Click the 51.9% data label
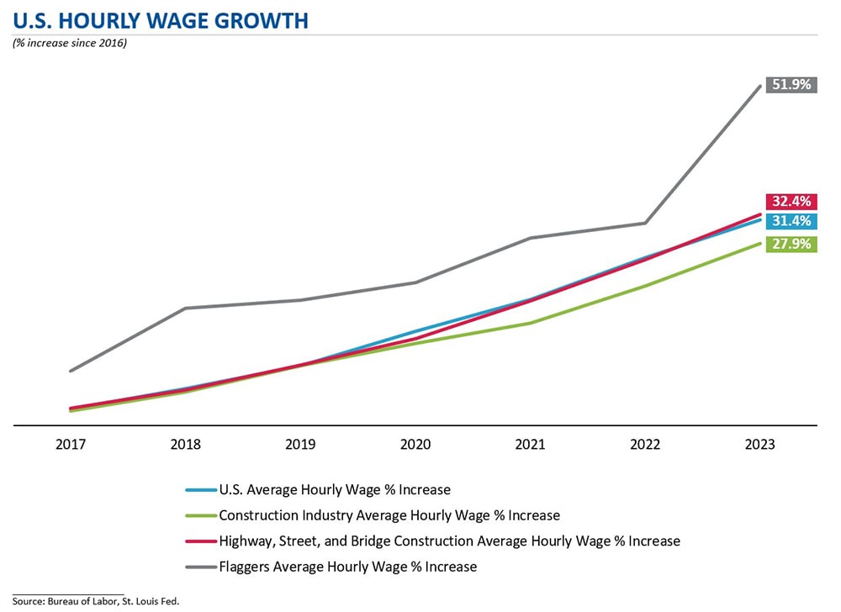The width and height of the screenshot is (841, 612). click(x=791, y=85)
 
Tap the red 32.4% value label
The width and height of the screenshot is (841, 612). click(x=791, y=202)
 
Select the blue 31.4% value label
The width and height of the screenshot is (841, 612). click(x=791, y=221)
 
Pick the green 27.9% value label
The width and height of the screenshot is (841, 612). click(x=791, y=245)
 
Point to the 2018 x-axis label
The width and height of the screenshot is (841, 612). click(x=185, y=446)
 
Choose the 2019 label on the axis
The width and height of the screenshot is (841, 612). click(x=300, y=446)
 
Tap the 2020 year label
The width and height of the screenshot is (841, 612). click(x=415, y=446)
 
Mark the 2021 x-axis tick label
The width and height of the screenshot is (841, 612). click(x=531, y=446)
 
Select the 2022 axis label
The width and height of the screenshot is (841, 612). click(x=646, y=446)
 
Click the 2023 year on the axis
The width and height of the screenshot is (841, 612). click(x=760, y=446)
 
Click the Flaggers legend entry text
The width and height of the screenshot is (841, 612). click(x=347, y=567)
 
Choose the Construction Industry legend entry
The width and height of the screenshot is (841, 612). click(x=389, y=515)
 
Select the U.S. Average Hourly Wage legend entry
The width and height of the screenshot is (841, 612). click(x=334, y=489)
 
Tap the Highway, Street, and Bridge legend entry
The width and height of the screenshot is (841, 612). click(x=449, y=541)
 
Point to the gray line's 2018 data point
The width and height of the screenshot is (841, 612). click(x=185, y=309)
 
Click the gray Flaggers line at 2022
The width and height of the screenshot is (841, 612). click(x=646, y=223)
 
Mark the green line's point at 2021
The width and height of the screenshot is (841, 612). click(x=531, y=323)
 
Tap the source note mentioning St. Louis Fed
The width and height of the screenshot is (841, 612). click(x=96, y=600)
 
